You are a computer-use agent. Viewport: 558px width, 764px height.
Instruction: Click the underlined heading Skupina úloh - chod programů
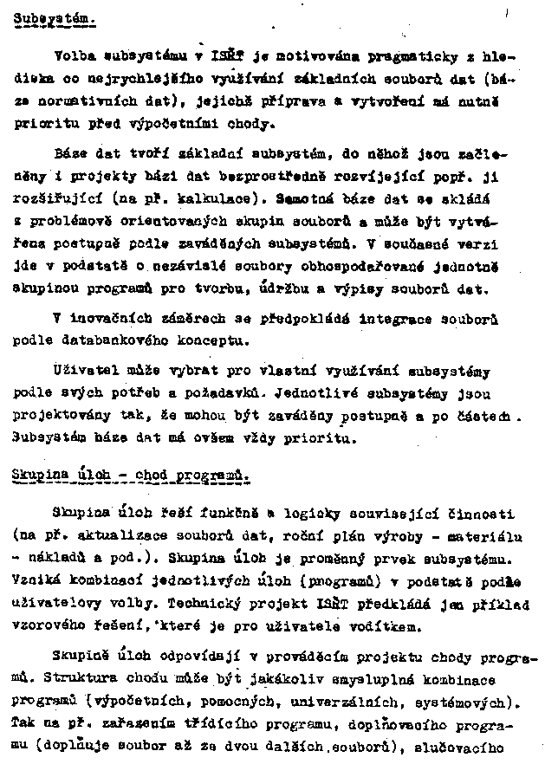[x=133, y=476]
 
